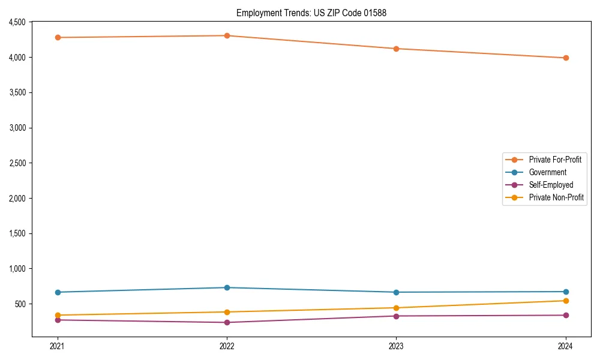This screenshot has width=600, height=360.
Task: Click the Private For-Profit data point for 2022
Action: pyautogui.click(x=227, y=35)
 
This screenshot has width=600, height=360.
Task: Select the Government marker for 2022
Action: pyautogui.click(x=227, y=287)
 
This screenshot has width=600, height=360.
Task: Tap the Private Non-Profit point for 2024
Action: pyautogui.click(x=566, y=301)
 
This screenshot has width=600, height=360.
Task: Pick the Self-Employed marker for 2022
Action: pyautogui.click(x=227, y=322)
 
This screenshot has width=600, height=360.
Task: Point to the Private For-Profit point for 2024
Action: pyautogui.click(x=566, y=58)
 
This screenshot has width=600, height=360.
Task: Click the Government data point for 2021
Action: pyautogui.click(x=58, y=292)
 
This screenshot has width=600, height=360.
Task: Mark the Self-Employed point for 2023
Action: pyautogui.click(x=396, y=316)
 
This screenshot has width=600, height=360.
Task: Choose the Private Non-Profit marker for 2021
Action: pyautogui.click(x=58, y=315)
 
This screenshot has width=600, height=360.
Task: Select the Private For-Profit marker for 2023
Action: pyautogui.click(x=396, y=49)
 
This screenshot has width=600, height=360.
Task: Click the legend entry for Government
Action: pyautogui.click(x=547, y=172)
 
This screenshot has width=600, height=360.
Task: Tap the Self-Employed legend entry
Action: pyautogui.click(x=551, y=185)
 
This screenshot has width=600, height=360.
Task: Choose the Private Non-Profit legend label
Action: pyautogui.click(x=556, y=197)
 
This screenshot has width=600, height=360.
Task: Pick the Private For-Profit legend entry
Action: pyautogui.click(x=554, y=160)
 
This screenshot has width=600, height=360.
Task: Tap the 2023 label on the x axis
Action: pyautogui.click(x=396, y=346)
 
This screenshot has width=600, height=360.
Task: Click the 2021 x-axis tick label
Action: pyautogui.click(x=58, y=346)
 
